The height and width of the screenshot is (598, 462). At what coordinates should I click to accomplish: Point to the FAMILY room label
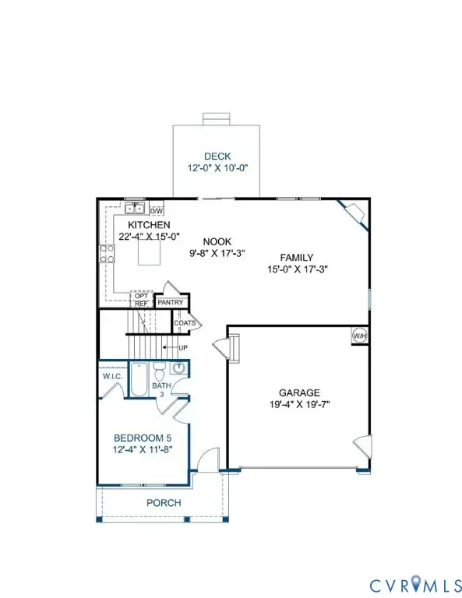[296, 258]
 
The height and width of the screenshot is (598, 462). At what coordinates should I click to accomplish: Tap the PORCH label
[164, 503]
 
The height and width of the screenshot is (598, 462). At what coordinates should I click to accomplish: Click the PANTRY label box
[170, 303]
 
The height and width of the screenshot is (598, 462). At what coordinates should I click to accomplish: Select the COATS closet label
[185, 322]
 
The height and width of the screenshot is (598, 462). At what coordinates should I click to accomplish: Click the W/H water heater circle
[360, 336]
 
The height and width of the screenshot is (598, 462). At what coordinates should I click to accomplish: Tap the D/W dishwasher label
[156, 210]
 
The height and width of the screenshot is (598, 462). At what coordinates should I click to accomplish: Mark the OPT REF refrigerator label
[141, 300]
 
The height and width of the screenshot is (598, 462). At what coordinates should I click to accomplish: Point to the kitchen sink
[136, 208]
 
